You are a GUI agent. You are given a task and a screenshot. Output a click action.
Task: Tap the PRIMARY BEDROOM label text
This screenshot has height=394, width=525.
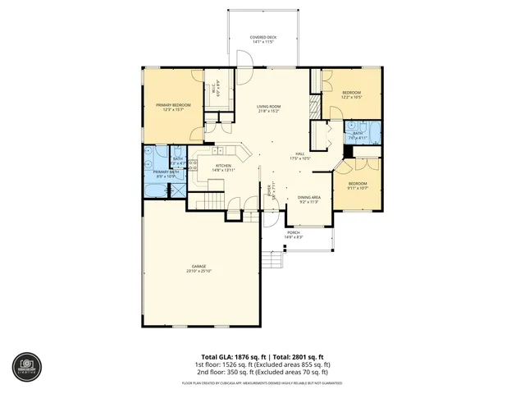click(174, 106)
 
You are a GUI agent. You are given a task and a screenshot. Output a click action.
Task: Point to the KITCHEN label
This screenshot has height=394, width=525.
click(223, 167)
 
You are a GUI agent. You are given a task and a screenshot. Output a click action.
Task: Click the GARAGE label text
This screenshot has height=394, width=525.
click(199, 268)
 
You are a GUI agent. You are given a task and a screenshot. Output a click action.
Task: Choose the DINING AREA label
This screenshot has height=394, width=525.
click(308, 198)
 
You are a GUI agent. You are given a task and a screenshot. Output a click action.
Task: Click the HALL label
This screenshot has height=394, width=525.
click(301, 154)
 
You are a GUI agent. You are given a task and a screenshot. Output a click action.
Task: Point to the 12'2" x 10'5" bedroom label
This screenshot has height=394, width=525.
click(351, 94)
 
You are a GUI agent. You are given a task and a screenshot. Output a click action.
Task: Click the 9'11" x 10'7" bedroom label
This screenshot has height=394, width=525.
click(358, 185)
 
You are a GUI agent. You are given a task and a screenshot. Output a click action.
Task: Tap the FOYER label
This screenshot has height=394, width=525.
click(275, 194)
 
